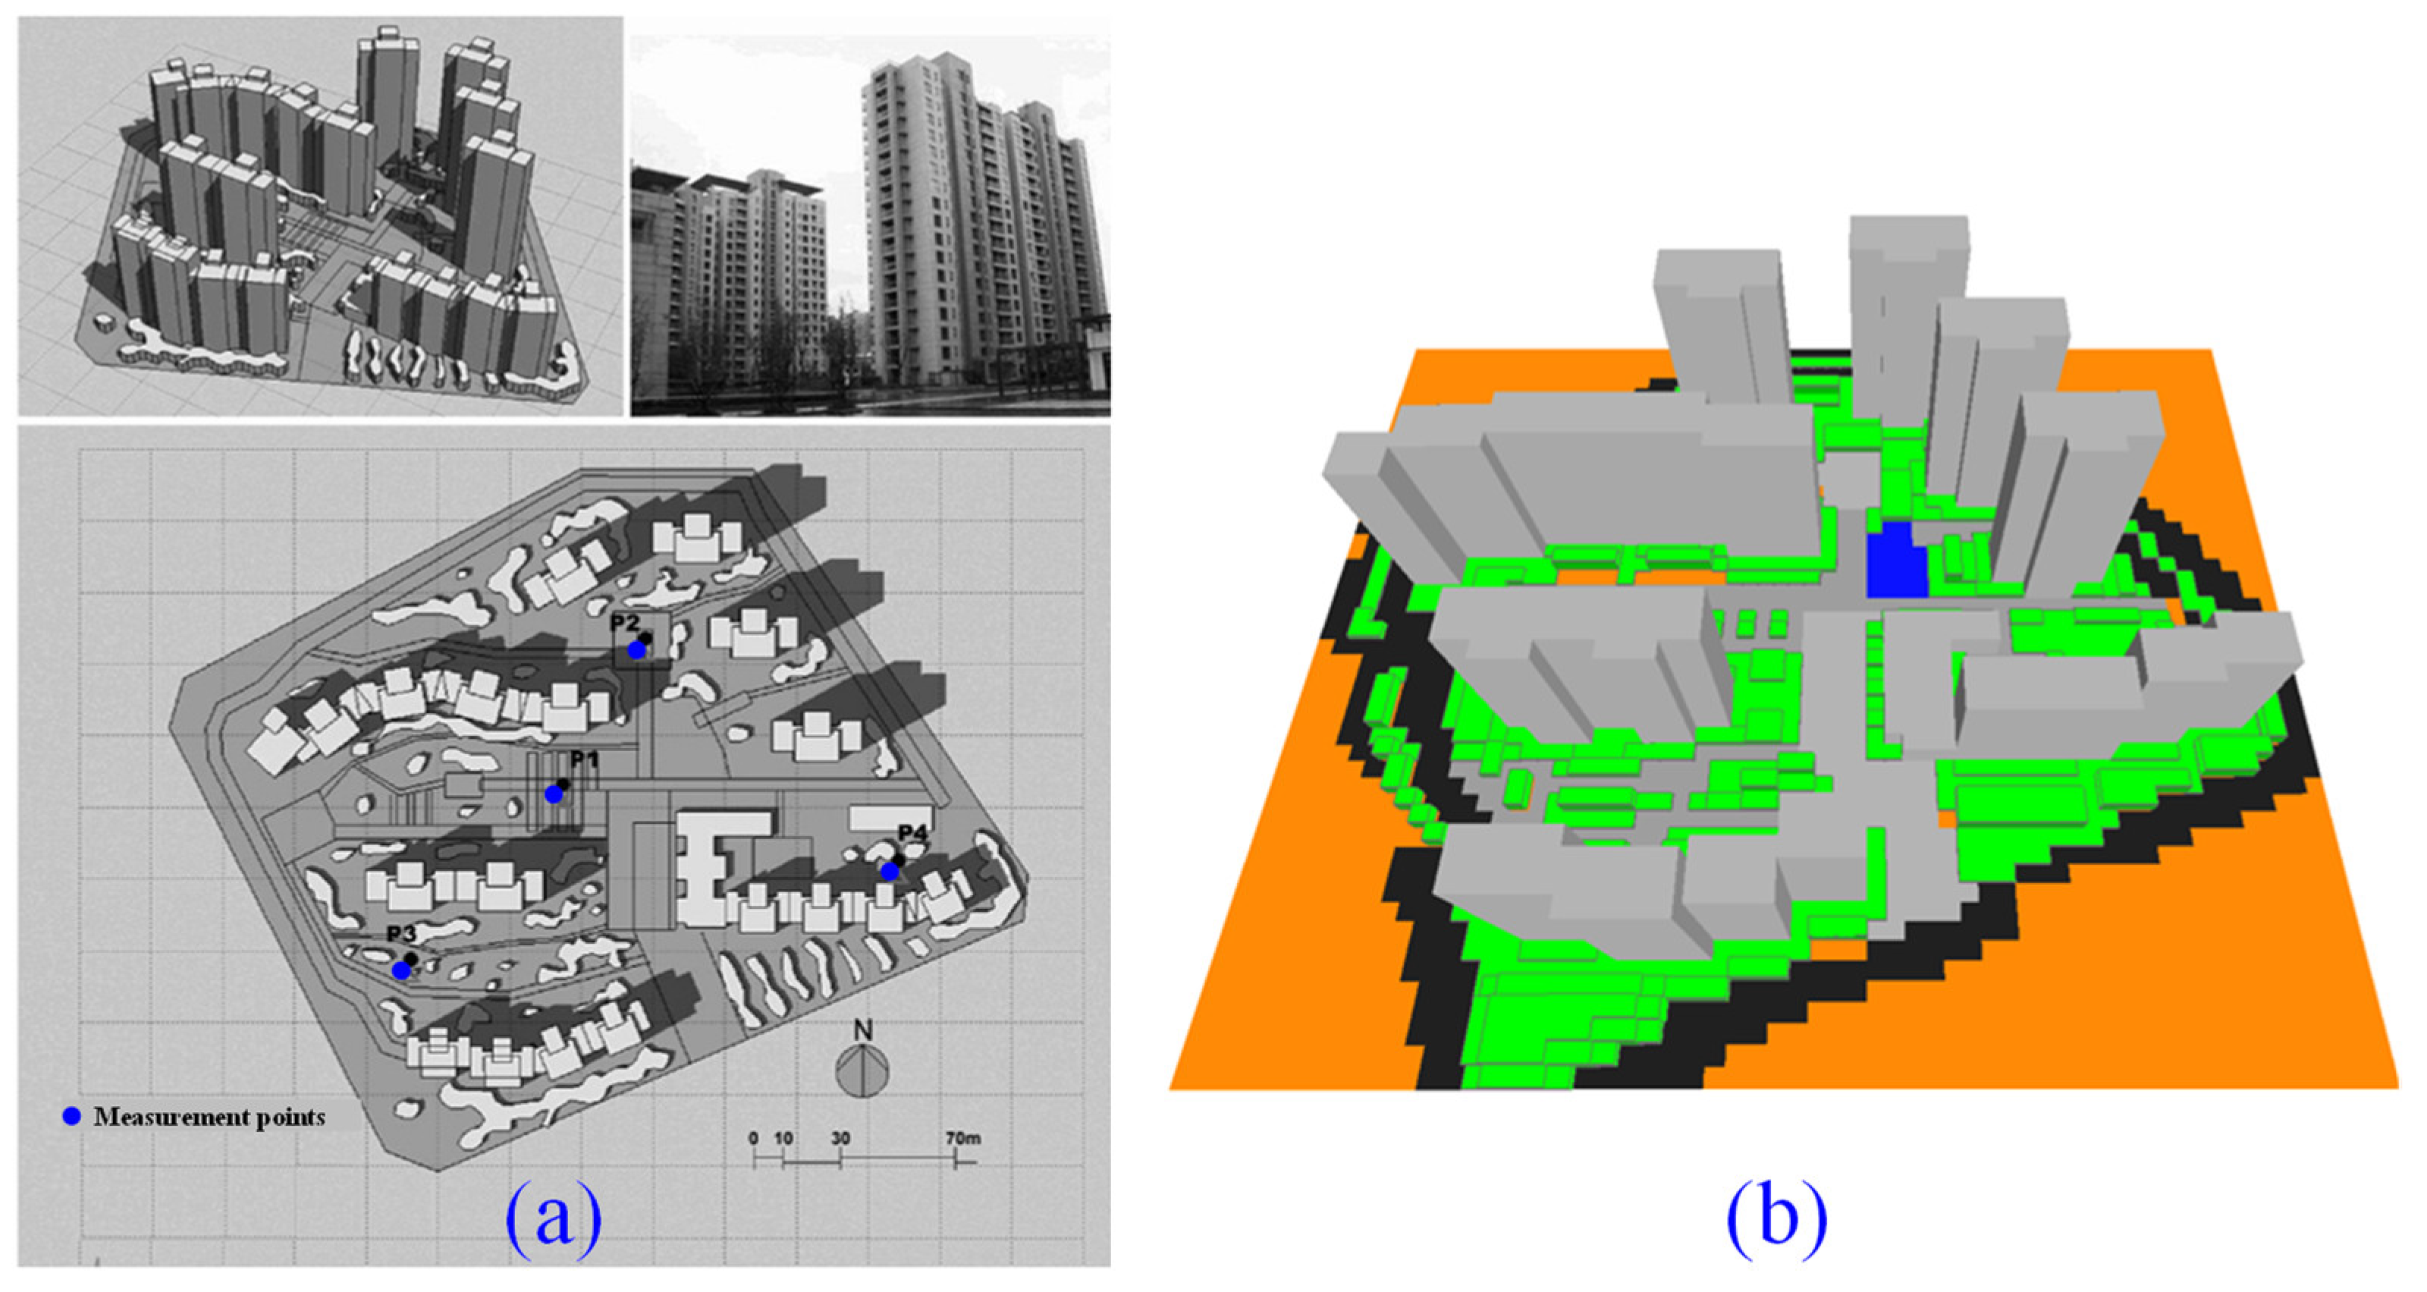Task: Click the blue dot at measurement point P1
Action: (554, 794)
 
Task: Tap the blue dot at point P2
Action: (637, 650)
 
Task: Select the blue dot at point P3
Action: (401, 970)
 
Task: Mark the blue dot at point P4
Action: (890, 872)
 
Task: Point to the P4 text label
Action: (912, 833)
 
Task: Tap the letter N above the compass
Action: (862, 1030)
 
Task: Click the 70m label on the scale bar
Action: (963, 1139)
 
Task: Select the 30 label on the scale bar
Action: (840, 1139)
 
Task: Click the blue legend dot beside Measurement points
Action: (71, 1117)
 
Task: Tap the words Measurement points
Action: (209, 1118)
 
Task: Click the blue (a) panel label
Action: (554, 1221)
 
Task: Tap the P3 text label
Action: (401, 933)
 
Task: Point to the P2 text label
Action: (625, 622)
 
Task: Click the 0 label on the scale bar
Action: (753, 1139)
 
